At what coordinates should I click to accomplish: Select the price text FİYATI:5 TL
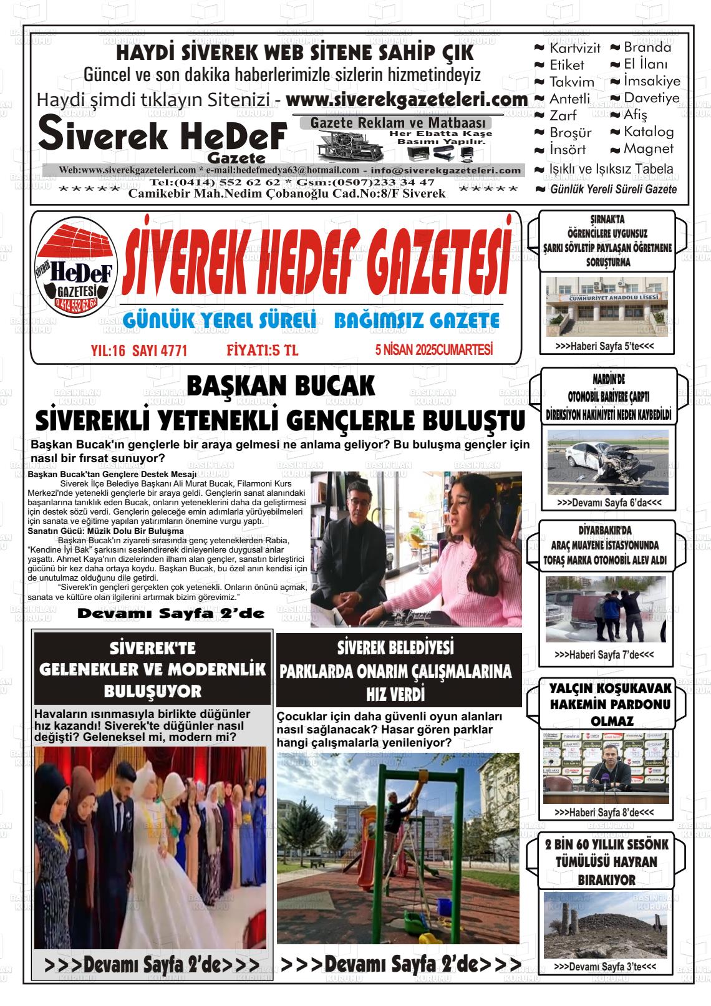pos(263,351)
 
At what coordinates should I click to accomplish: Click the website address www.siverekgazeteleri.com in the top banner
pos(407,99)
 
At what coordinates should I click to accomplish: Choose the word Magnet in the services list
pos(648,148)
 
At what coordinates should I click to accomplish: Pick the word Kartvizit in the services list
pos(574,48)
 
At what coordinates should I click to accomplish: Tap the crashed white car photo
pos(599,462)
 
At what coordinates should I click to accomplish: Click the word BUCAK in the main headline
pos(327,386)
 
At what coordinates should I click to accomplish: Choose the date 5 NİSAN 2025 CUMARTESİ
pos(434,351)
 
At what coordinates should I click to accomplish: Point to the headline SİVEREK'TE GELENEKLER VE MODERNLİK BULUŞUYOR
pos(153,669)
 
